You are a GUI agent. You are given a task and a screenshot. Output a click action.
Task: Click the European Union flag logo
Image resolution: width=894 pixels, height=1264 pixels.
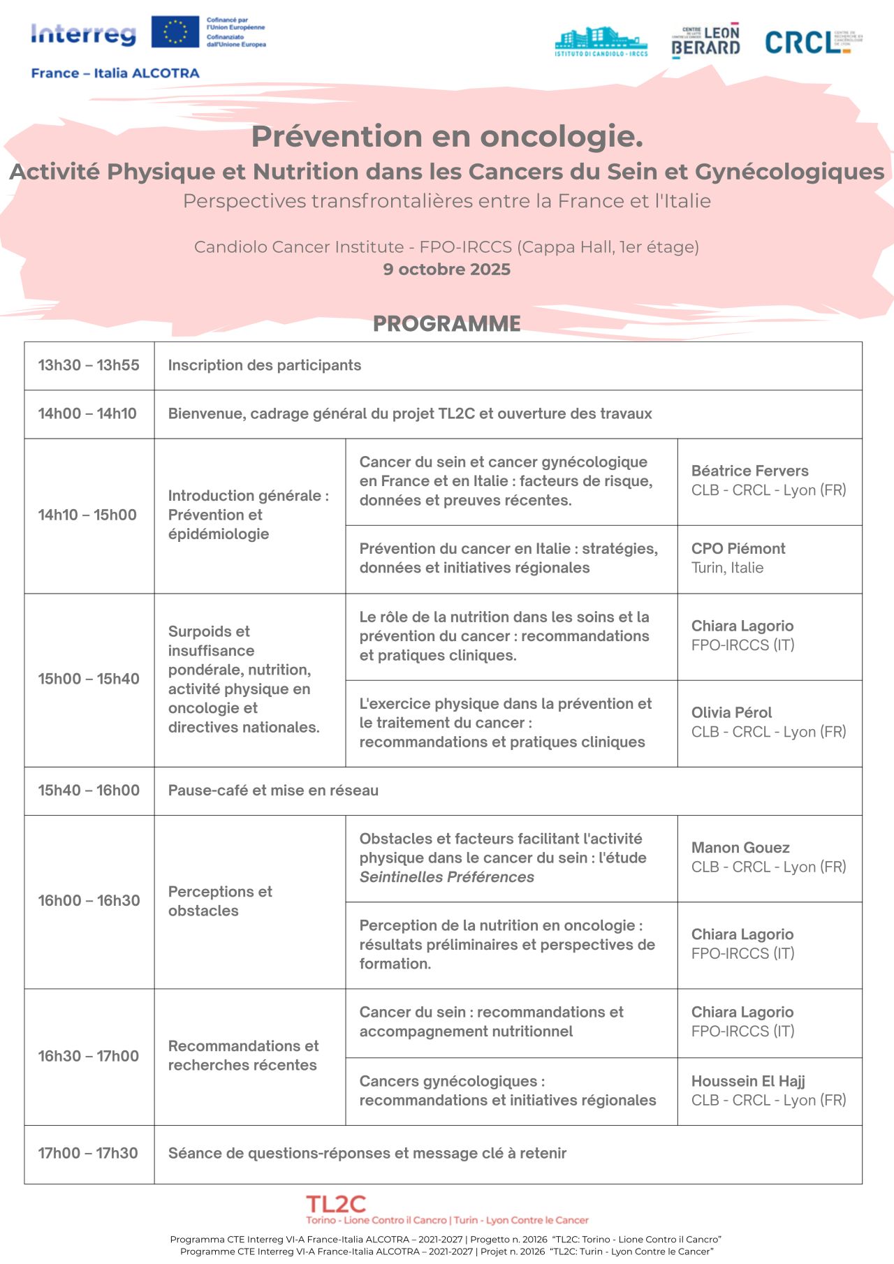[175, 32]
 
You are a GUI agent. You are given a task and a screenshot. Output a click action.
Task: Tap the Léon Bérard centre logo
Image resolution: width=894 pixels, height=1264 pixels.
[705, 41]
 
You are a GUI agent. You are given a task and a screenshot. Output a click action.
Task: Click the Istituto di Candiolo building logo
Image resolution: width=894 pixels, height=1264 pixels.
[601, 42]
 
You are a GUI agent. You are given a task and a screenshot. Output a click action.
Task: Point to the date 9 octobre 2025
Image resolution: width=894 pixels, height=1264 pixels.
[446, 270]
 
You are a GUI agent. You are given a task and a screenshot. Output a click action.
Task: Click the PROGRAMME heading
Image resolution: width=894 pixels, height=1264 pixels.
[446, 323]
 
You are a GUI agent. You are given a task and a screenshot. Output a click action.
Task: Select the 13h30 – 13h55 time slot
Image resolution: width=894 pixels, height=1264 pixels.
[89, 365]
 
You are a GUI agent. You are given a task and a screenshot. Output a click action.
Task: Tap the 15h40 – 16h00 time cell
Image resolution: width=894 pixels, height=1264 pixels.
[89, 791]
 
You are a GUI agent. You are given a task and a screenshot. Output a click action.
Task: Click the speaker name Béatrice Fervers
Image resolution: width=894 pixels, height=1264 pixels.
[749, 471]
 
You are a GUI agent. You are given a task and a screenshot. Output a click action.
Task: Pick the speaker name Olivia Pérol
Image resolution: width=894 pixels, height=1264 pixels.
[731, 712]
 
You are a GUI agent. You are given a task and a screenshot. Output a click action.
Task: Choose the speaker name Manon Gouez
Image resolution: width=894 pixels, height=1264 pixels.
[740, 848]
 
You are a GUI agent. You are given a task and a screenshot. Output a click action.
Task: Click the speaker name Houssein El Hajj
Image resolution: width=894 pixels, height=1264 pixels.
[748, 1081]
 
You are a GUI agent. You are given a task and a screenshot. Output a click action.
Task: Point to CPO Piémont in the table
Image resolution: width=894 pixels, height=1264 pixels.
[738, 549]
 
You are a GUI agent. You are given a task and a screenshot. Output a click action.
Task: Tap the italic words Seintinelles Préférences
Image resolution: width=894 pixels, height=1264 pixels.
[446, 877]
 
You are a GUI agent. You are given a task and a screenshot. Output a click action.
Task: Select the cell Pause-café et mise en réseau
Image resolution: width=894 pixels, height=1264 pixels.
[273, 791]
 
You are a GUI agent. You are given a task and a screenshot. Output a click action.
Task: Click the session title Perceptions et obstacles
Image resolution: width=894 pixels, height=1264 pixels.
[220, 901]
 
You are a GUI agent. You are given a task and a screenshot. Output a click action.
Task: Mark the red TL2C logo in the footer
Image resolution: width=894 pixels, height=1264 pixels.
[336, 1204]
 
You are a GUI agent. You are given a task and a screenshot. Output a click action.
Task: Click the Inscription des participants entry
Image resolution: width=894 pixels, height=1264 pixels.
[264, 365]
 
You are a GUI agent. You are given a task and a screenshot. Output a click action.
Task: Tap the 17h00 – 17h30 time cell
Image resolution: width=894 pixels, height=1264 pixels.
[88, 1153]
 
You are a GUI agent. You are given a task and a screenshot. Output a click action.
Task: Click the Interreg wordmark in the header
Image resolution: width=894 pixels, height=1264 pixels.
[83, 34]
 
